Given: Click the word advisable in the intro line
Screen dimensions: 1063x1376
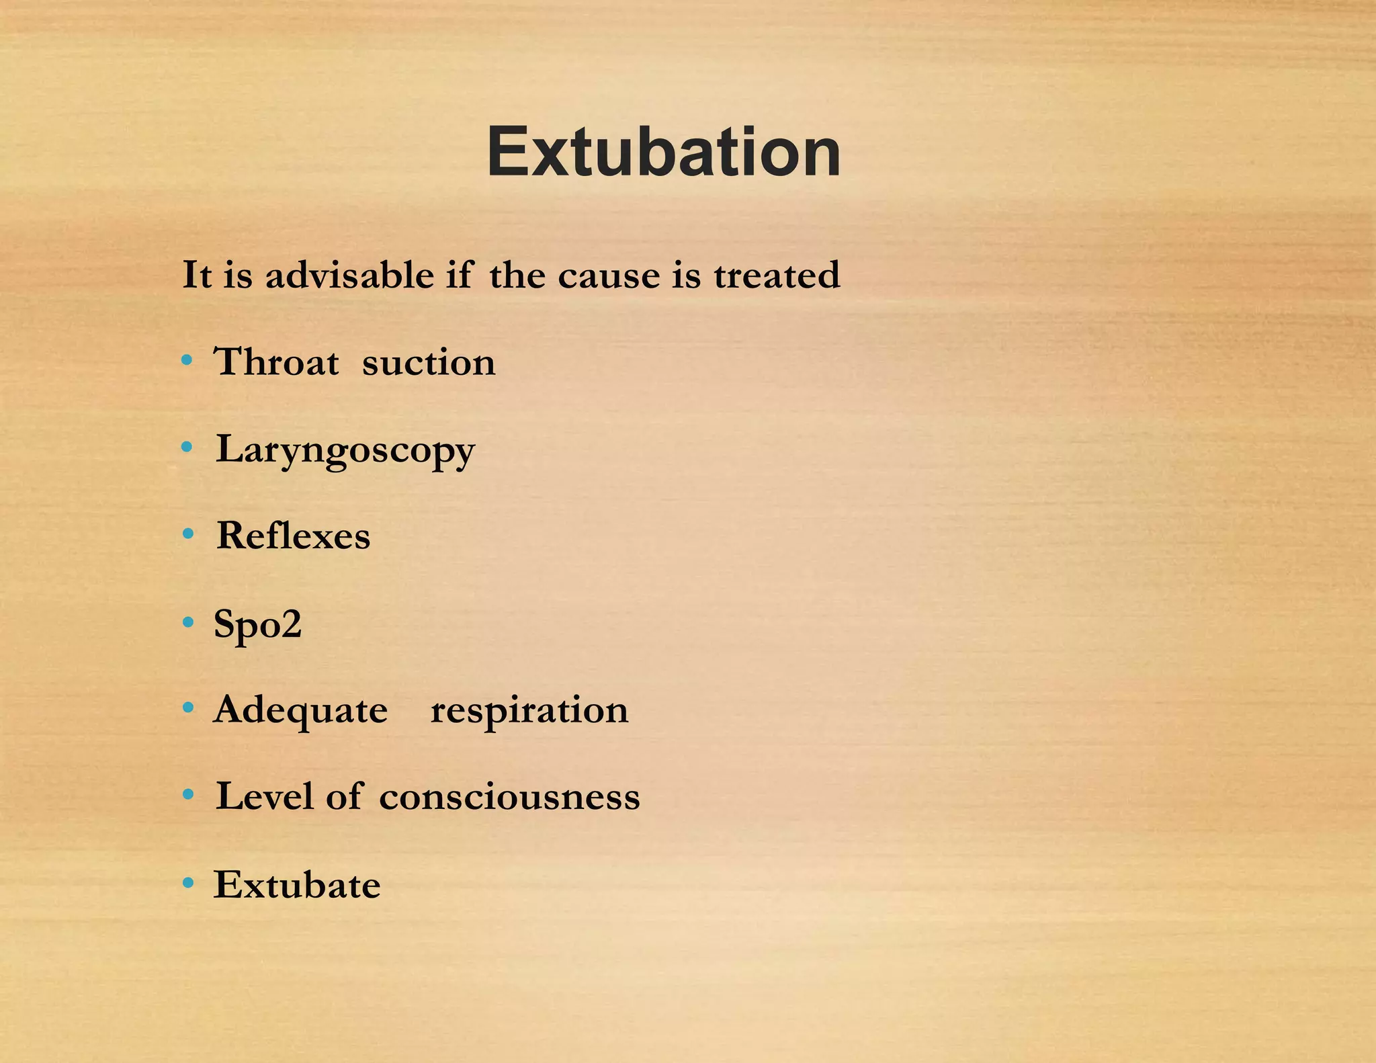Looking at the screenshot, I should coord(349,275).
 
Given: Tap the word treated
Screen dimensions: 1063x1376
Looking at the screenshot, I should coord(777,275).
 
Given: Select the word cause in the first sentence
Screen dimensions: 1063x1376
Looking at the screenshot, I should coord(609,276).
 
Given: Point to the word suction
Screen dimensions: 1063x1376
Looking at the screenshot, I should coord(429,363).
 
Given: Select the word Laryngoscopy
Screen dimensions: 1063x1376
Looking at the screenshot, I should coord(345,450).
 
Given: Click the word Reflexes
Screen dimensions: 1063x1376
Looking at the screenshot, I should coord(293,536).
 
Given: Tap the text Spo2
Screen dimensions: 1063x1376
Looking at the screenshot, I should coord(257,624).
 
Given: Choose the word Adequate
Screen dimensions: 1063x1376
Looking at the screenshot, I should coord(300,710).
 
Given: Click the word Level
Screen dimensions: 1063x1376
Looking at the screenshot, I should coord(265,796).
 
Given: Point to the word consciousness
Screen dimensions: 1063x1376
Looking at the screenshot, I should coord(509,798).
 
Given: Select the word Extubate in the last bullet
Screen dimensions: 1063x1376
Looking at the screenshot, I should coord(297,884).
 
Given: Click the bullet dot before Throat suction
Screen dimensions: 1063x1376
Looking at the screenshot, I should coord(187,361).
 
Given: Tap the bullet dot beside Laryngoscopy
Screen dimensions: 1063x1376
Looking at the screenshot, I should coord(187,447).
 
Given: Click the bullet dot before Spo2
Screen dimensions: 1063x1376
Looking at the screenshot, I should coord(188,622).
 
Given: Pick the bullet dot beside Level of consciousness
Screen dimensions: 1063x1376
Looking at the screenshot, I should coord(188,795).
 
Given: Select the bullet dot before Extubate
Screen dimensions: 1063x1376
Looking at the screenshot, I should coord(188,882).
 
